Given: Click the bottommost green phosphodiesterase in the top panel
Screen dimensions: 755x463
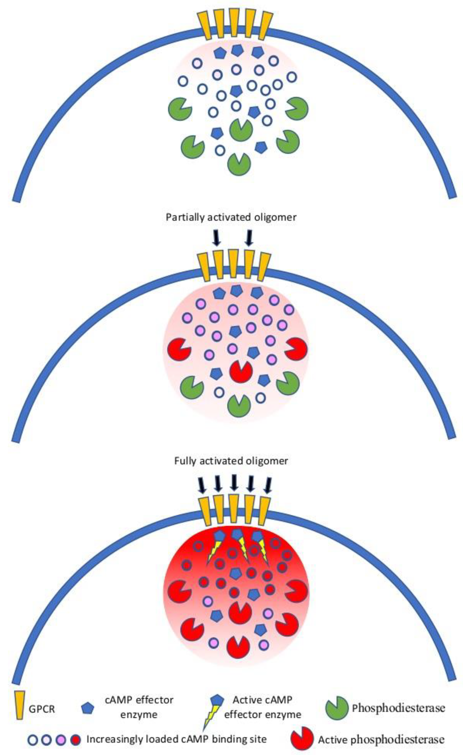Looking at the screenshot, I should point(239,164).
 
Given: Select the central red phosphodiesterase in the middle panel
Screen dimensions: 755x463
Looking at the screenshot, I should point(241,371).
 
